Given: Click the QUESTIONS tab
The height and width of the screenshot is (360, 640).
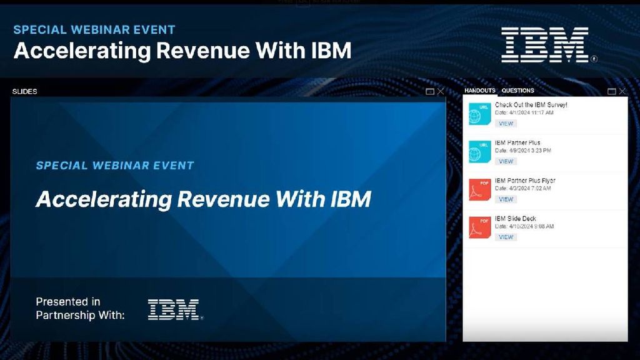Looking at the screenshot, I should tap(517, 91).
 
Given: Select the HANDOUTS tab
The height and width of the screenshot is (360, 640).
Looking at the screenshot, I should tap(479, 91).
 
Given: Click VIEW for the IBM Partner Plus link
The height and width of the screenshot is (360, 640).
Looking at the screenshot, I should tap(506, 161).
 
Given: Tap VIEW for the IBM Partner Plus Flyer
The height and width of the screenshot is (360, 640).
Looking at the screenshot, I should tap(506, 199).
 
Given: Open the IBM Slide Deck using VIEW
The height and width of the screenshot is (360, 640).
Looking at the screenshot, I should tap(506, 237).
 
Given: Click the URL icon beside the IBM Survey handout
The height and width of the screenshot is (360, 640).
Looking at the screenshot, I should tap(480, 113).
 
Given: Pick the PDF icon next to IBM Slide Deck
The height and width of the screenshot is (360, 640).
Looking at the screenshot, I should tap(480, 227).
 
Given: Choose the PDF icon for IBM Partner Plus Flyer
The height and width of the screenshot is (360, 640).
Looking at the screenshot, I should tap(480, 189).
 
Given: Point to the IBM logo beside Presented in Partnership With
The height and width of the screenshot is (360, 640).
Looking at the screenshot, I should tap(174, 309).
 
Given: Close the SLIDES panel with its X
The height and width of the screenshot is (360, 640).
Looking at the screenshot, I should tap(441, 91).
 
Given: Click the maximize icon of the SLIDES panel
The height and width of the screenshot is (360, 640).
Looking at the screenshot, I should tap(430, 91).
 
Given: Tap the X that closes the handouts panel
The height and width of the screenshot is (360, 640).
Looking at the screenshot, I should tap(622, 91).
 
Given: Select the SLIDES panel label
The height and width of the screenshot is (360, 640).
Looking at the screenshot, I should tap(25, 91).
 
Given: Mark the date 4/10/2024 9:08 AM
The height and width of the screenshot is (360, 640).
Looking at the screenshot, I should tap(524, 226).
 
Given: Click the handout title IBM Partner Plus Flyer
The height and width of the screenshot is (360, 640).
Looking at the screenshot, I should tap(525, 181).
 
